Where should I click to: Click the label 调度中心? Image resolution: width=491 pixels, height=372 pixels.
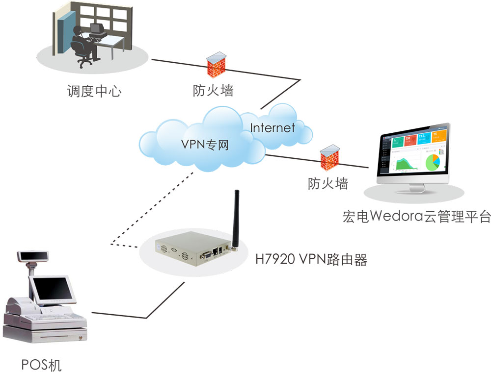tap(93, 91)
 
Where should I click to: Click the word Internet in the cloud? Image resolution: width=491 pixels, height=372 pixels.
tap(273, 128)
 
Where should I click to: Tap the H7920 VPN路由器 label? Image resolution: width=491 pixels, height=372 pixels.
tap(311, 259)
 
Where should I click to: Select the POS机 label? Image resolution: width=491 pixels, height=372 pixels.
tap(42, 365)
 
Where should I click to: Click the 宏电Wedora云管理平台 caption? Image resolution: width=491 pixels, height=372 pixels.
tap(416, 216)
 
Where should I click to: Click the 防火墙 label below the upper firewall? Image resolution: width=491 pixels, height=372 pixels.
tap(213, 91)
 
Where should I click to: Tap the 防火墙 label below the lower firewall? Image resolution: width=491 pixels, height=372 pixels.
tap(328, 184)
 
